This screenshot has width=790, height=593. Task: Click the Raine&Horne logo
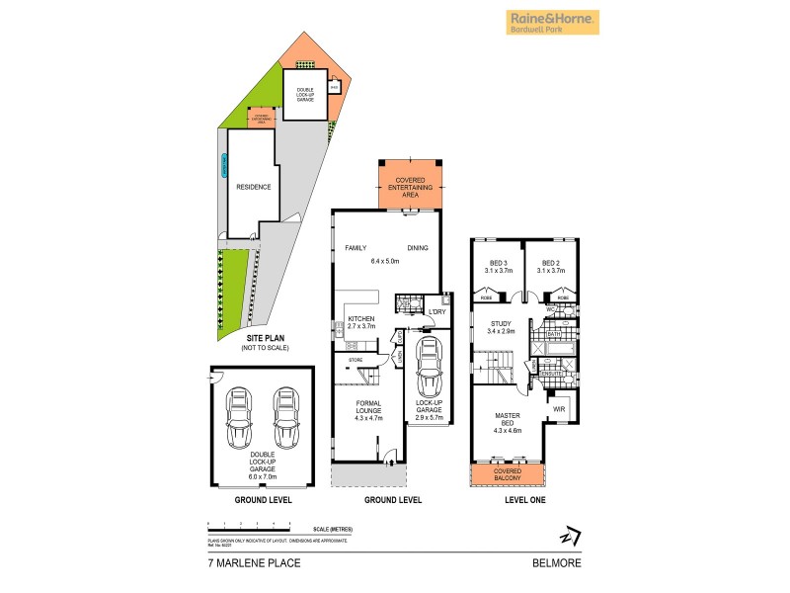(x=552, y=22)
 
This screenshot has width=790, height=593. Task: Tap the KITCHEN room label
(x=362, y=318)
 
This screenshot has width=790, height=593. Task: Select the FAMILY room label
(x=355, y=249)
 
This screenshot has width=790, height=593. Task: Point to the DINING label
(x=418, y=249)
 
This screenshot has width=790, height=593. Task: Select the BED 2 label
(x=552, y=265)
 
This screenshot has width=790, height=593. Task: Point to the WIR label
(x=558, y=406)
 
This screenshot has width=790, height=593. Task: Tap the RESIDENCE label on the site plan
(x=253, y=186)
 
